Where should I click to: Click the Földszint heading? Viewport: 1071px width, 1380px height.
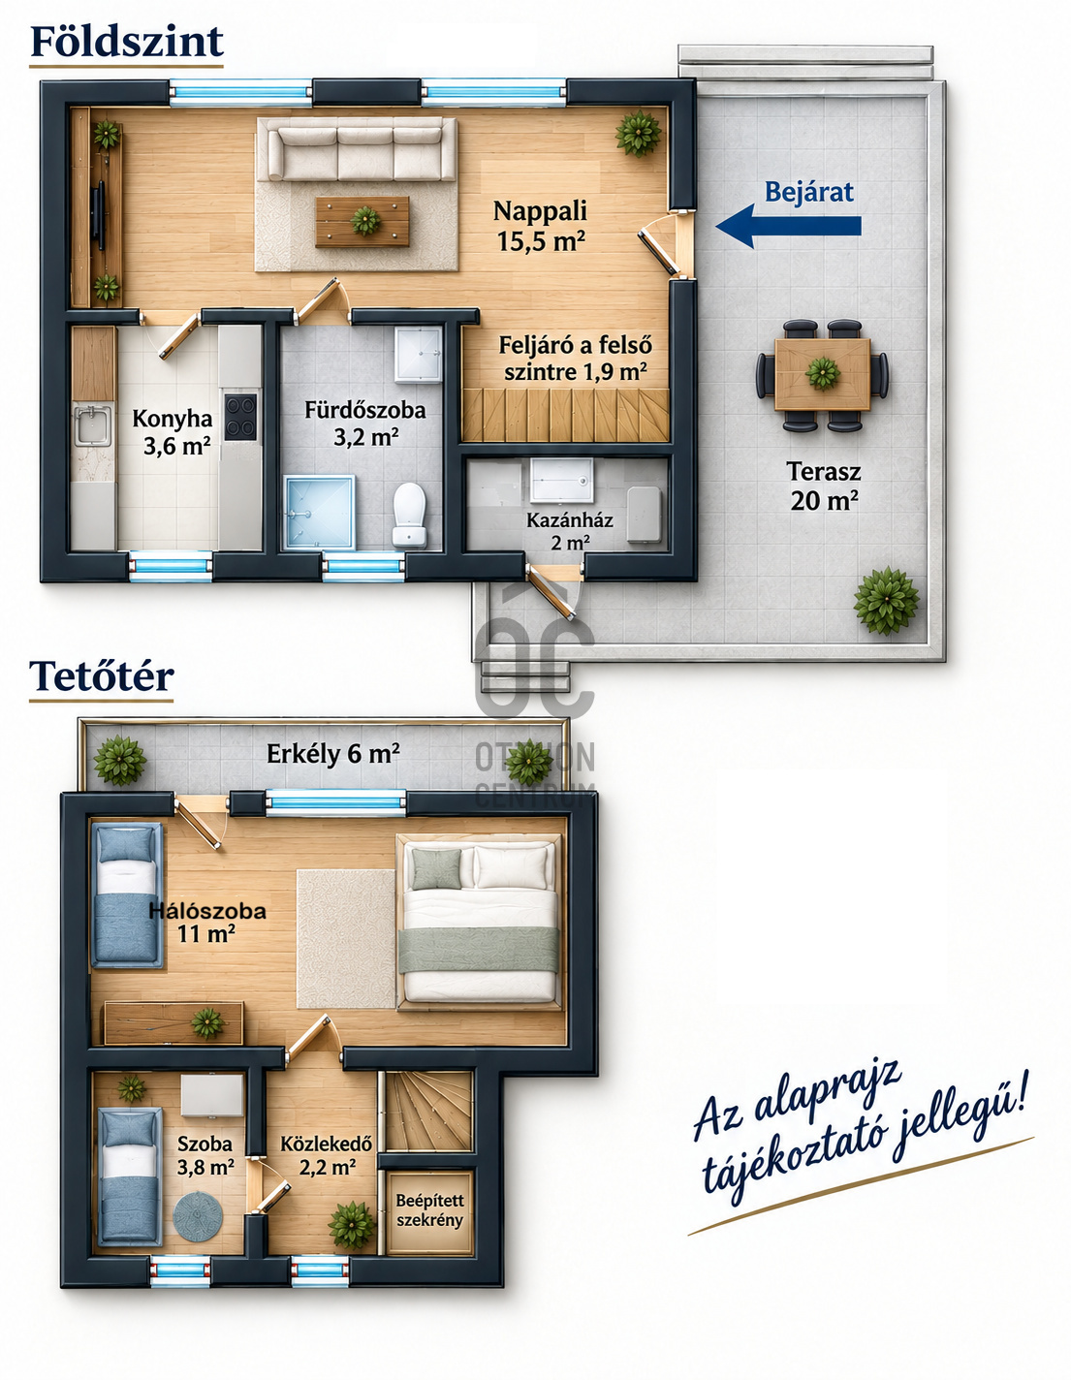point(126,42)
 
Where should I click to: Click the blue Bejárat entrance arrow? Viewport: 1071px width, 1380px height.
point(789,226)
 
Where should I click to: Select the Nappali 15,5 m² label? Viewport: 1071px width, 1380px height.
point(540,226)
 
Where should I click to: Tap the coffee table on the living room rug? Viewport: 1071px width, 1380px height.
point(362,221)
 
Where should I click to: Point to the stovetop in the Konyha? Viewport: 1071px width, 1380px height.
point(240,417)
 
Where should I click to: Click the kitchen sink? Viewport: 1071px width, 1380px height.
point(93,424)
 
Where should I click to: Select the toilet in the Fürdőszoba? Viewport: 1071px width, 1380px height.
point(409,515)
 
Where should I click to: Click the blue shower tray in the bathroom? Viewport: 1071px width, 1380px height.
point(319,512)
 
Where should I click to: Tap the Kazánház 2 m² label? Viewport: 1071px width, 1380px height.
point(570,531)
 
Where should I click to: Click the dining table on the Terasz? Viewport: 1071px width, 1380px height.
point(822,375)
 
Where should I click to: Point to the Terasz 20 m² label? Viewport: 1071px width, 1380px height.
point(824,486)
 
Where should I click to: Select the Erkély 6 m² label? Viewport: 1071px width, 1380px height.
point(333,754)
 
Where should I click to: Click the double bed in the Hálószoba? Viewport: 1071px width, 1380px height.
point(479,923)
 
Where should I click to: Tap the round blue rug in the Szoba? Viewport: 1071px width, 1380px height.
point(198,1216)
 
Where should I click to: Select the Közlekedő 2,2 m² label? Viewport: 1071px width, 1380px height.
point(327,1155)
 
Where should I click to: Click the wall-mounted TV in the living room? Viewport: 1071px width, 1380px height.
point(100,216)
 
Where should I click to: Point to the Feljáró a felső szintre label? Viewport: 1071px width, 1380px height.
point(575,359)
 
